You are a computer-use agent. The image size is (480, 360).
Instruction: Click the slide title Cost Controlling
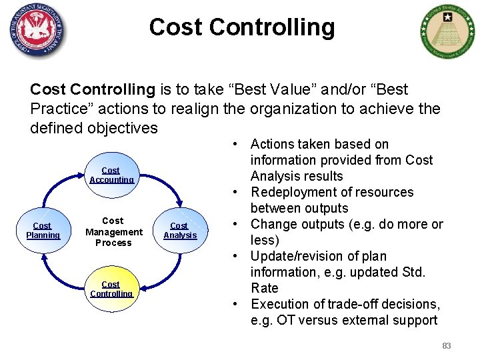[242, 27]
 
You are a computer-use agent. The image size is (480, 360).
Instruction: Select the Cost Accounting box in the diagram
[111, 175]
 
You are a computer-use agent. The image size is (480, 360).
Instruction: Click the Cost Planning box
[43, 231]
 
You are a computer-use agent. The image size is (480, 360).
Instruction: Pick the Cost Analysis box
[180, 231]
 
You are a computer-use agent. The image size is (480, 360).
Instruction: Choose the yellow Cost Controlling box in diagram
[111, 289]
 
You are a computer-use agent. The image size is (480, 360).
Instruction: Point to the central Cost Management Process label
[113, 231]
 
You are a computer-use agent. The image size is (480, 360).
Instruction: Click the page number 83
[446, 346]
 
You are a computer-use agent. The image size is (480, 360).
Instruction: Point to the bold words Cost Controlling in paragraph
[93, 89]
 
